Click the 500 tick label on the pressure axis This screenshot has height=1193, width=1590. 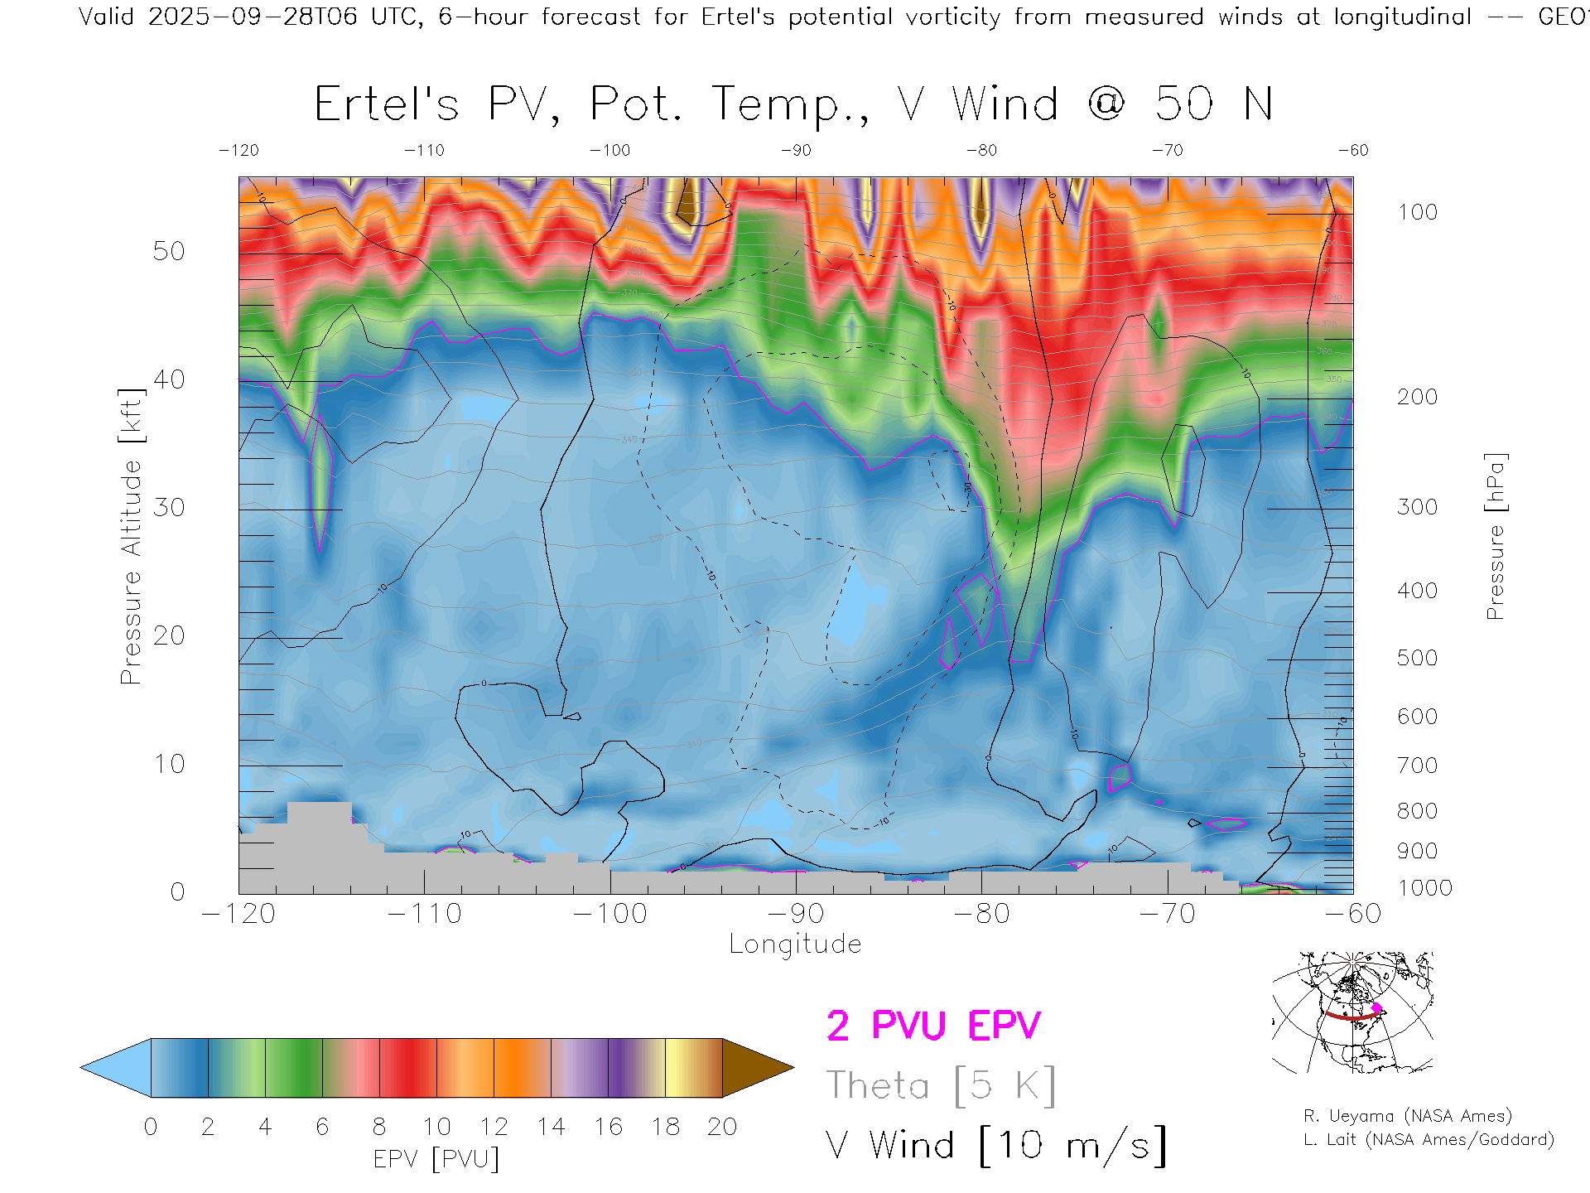tap(1417, 658)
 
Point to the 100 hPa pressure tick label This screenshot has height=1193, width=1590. tap(1417, 212)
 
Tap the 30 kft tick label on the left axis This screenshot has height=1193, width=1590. tap(169, 507)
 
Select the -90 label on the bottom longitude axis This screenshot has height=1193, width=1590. tap(796, 914)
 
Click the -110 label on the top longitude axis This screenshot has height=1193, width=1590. tap(424, 151)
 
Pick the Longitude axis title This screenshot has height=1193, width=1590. tap(795, 944)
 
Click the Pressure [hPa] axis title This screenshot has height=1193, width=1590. tap(1495, 536)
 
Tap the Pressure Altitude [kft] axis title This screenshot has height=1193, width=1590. tap(131, 536)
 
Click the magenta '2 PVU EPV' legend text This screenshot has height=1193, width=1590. tap(933, 1026)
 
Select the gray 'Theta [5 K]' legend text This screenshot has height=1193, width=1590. tap(941, 1085)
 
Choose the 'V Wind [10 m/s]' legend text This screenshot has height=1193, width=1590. tap(995, 1146)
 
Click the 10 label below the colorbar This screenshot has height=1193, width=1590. tap(436, 1127)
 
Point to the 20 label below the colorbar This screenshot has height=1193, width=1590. tap(722, 1127)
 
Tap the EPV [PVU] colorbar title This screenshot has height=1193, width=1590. tap(436, 1159)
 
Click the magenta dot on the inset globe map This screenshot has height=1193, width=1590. tap(1377, 1008)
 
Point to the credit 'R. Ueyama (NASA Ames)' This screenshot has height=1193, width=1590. tap(1408, 1116)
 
